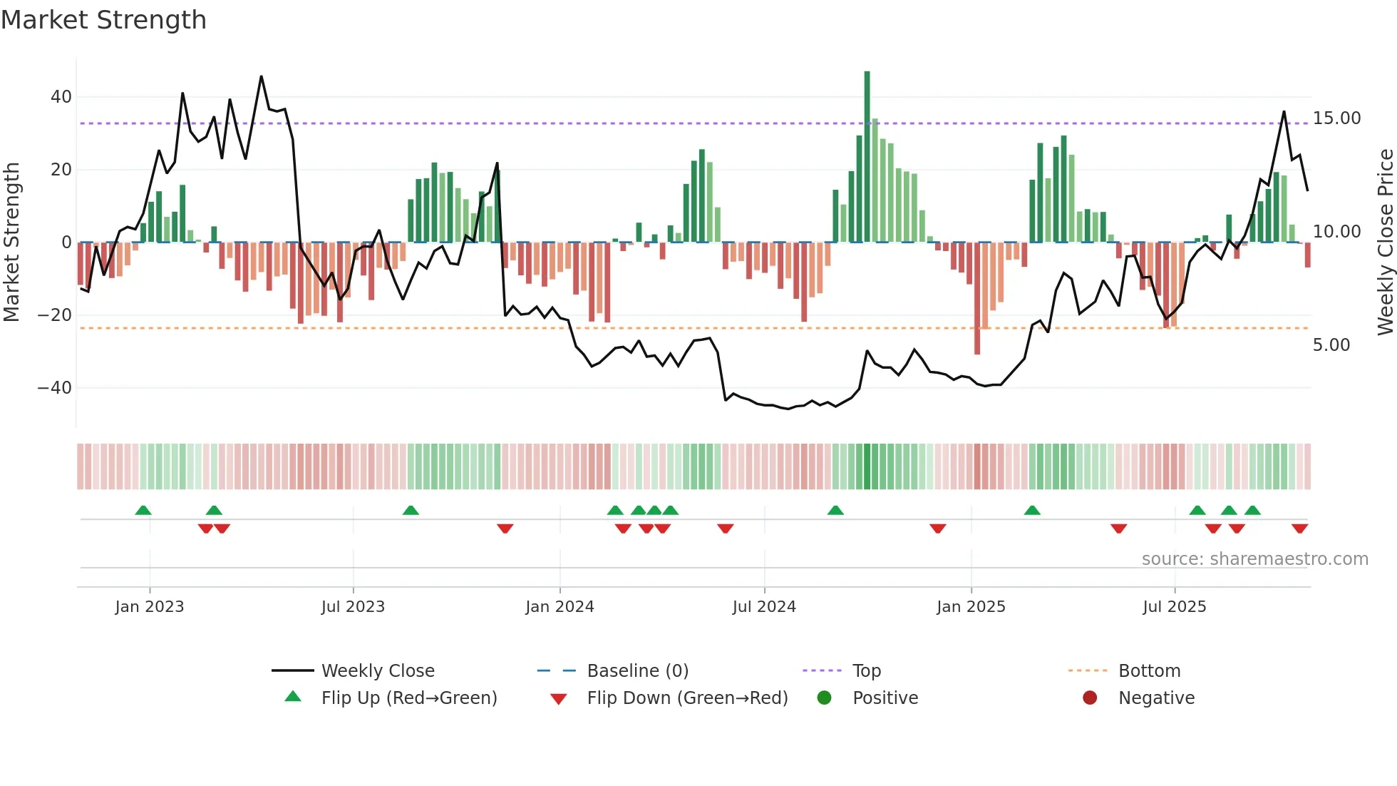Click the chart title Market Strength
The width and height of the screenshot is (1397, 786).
(103, 20)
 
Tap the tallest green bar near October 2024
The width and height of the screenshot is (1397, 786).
(867, 157)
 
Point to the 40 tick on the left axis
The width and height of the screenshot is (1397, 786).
(61, 96)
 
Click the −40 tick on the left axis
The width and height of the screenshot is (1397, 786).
(55, 388)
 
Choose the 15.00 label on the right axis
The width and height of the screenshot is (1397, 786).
(1336, 118)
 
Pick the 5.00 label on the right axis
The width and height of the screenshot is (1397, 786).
(1331, 345)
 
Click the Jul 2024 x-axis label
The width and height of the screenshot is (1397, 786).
(764, 607)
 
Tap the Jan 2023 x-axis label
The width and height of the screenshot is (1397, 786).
(150, 607)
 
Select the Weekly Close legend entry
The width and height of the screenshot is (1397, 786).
(377, 671)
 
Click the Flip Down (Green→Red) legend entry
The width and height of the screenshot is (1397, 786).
(687, 698)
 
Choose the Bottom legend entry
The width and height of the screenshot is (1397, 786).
(1149, 671)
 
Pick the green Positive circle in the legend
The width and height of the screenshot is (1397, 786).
(824, 698)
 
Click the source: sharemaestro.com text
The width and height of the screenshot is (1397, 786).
(1254, 559)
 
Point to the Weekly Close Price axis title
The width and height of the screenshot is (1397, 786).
(1385, 243)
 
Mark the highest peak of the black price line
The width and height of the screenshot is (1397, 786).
(261, 76)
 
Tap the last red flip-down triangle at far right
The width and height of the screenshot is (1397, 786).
(1299, 529)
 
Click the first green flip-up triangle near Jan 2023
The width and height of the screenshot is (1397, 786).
(143, 510)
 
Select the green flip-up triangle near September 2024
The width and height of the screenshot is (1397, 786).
(835, 510)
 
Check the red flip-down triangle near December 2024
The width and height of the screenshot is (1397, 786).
(937, 529)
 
